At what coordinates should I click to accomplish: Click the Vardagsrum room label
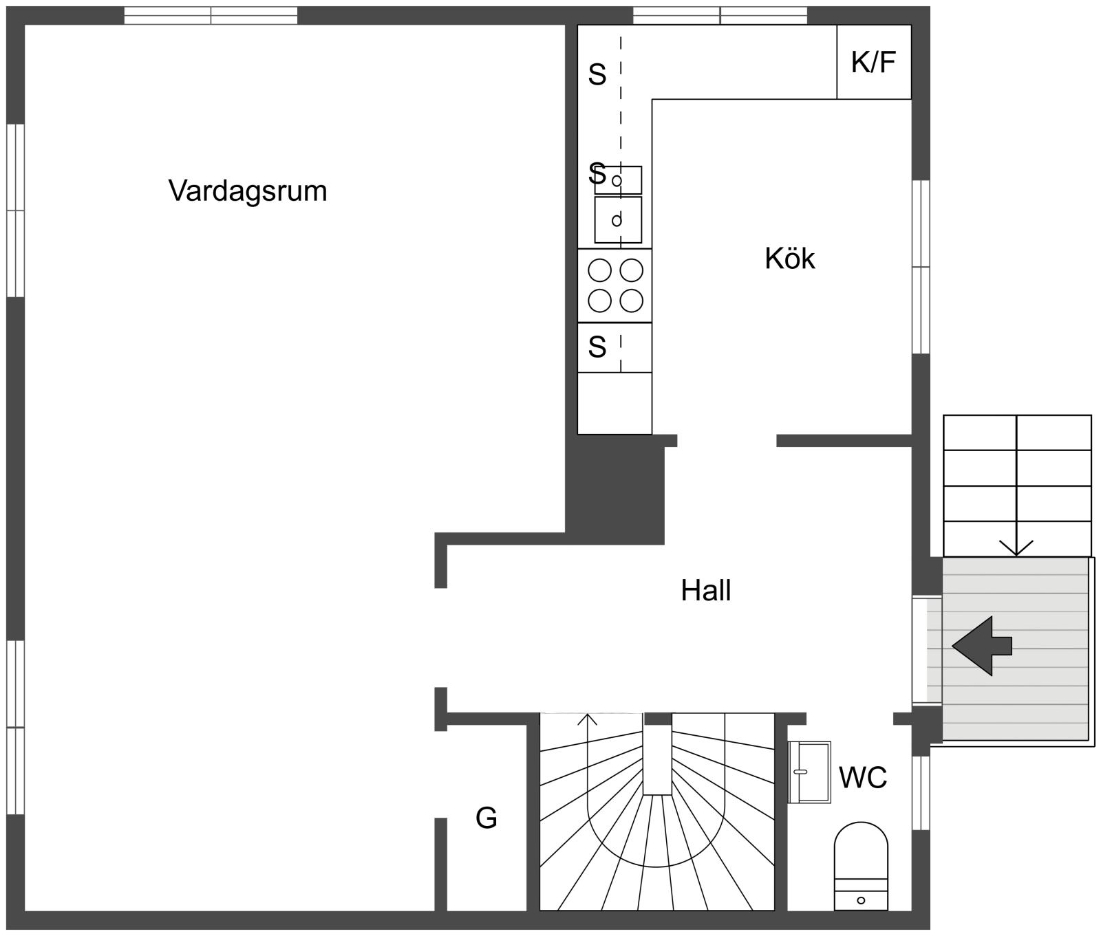248,191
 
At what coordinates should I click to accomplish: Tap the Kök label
790,259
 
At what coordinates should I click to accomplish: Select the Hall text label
706,591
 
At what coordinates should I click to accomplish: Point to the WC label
863,777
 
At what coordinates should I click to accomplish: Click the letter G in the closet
487,818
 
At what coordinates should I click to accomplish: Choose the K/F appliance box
874,62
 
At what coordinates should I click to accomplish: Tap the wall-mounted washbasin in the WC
809,772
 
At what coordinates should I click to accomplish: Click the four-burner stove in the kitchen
614,285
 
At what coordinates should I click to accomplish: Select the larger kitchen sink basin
618,220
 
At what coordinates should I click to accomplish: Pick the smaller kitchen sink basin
618,180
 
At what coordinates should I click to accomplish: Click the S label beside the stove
597,347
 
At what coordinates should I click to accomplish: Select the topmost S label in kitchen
597,74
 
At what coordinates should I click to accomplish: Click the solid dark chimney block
615,490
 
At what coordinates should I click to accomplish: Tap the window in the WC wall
921,793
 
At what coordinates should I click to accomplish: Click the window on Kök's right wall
921,267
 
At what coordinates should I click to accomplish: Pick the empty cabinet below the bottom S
614,404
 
